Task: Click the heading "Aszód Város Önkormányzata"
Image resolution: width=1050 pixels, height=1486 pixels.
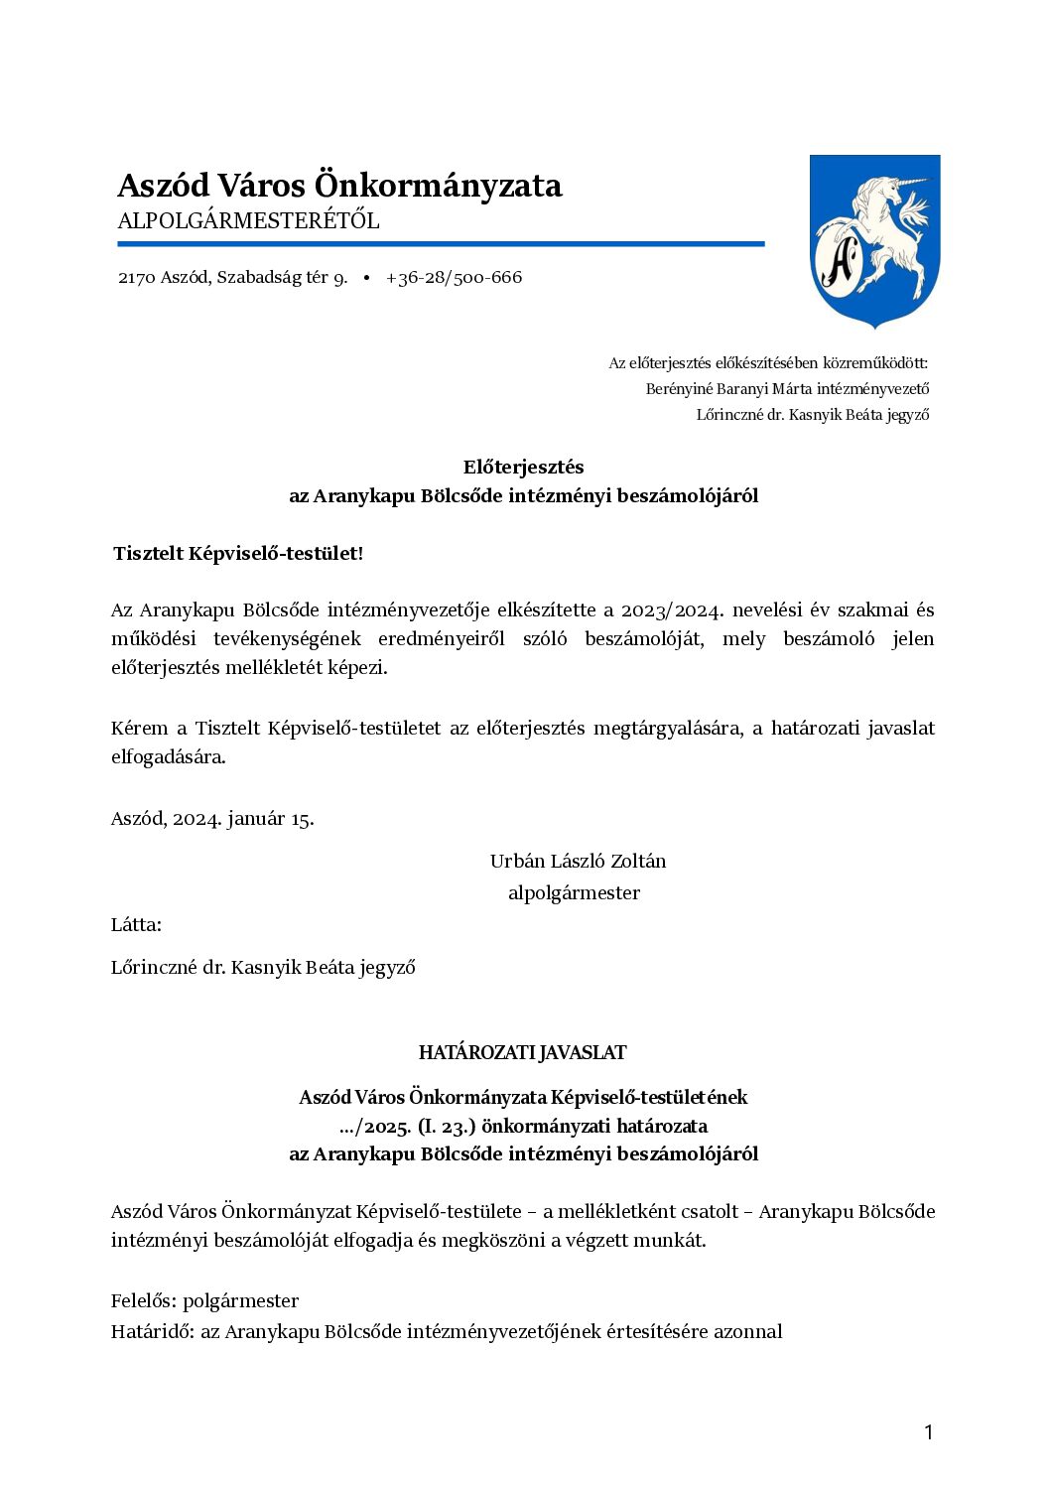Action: click(339, 186)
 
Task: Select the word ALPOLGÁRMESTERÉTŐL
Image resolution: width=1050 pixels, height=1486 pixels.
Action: click(248, 221)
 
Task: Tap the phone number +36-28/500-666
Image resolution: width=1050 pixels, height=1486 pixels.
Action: click(454, 278)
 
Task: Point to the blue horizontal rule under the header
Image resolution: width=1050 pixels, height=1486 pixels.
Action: click(441, 243)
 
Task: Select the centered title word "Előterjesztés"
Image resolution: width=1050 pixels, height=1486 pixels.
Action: click(523, 467)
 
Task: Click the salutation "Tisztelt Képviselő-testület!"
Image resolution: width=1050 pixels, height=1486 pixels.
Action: click(238, 554)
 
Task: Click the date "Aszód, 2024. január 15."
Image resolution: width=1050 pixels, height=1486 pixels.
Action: click(212, 819)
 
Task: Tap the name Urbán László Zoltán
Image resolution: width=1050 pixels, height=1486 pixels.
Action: click(578, 861)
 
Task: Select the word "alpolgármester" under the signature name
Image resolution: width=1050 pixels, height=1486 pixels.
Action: click(574, 892)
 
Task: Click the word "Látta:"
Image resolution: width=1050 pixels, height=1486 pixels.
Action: click(136, 925)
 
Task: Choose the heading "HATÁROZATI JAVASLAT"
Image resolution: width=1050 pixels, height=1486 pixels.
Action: click(522, 1052)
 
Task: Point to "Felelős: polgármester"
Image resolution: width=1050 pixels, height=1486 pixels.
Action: click(204, 1301)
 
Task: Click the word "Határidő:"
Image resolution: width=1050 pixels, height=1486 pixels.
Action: click(153, 1332)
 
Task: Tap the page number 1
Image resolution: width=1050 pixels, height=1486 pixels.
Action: click(928, 1432)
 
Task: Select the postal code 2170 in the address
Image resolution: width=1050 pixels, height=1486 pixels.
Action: click(136, 278)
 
